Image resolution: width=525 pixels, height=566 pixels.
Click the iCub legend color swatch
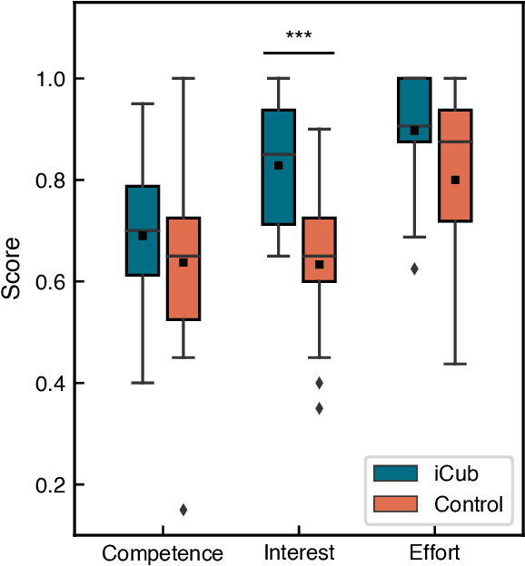pyautogui.click(x=395, y=473)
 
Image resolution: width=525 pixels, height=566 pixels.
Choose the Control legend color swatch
pyautogui.click(x=395, y=504)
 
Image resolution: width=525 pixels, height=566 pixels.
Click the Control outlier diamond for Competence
pyautogui.click(x=183, y=510)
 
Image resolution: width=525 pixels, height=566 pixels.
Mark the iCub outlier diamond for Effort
pyautogui.click(x=414, y=268)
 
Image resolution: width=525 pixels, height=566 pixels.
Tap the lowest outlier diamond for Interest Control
pyautogui.click(x=319, y=408)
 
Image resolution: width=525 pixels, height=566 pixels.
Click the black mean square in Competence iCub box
pyautogui.click(x=143, y=236)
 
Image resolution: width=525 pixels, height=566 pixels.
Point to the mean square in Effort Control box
pyautogui.click(x=455, y=180)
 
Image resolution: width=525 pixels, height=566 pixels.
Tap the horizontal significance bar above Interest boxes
pyautogui.click(x=299, y=53)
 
